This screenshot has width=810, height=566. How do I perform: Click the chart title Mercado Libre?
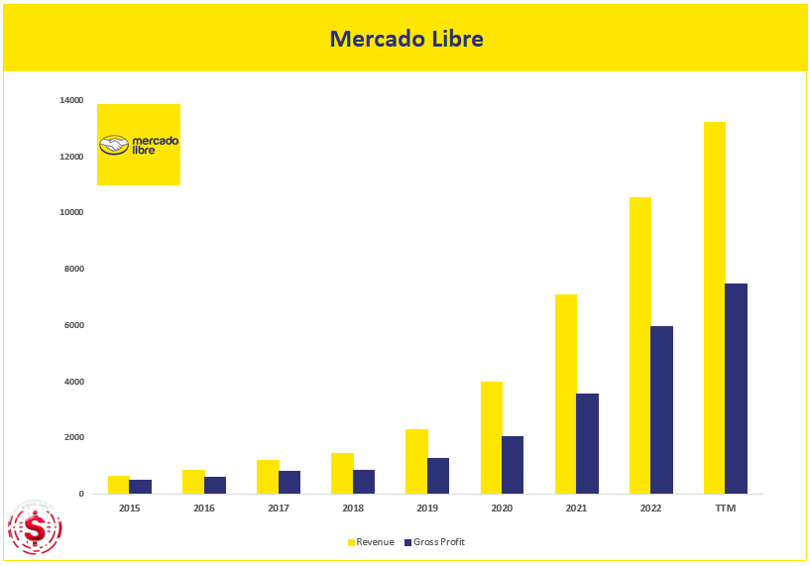tap(405, 39)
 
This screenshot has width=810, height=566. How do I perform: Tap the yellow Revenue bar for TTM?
tap(714, 307)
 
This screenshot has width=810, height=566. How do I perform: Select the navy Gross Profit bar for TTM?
tap(736, 389)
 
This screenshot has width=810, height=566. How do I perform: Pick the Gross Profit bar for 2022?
tap(661, 409)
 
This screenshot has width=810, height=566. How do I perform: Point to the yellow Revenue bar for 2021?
tap(565, 394)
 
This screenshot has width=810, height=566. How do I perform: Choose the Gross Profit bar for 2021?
tap(587, 443)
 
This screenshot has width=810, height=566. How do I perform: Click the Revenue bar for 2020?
tap(491, 437)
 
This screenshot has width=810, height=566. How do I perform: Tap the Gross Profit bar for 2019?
tap(437, 476)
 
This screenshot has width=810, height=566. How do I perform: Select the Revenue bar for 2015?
tap(119, 485)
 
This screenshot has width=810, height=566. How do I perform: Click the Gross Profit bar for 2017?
tap(289, 482)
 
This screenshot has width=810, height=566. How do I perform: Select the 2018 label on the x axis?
tap(353, 508)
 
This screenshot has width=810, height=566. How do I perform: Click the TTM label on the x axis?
tap(725, 508)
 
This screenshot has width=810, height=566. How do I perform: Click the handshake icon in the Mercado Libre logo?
tap(114, 146)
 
